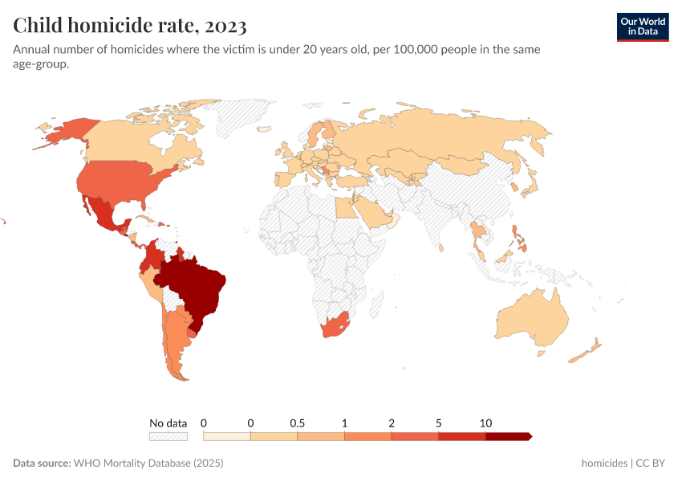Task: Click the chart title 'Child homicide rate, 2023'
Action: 130,25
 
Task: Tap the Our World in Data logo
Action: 642,27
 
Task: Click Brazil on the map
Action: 197,286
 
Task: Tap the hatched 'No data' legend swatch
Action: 168,436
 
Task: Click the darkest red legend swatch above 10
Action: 508,436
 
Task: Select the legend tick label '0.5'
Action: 298,423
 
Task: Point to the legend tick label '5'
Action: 438,423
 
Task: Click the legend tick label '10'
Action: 485,423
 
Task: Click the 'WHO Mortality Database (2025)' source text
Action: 148,464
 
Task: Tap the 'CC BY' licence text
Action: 652,464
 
